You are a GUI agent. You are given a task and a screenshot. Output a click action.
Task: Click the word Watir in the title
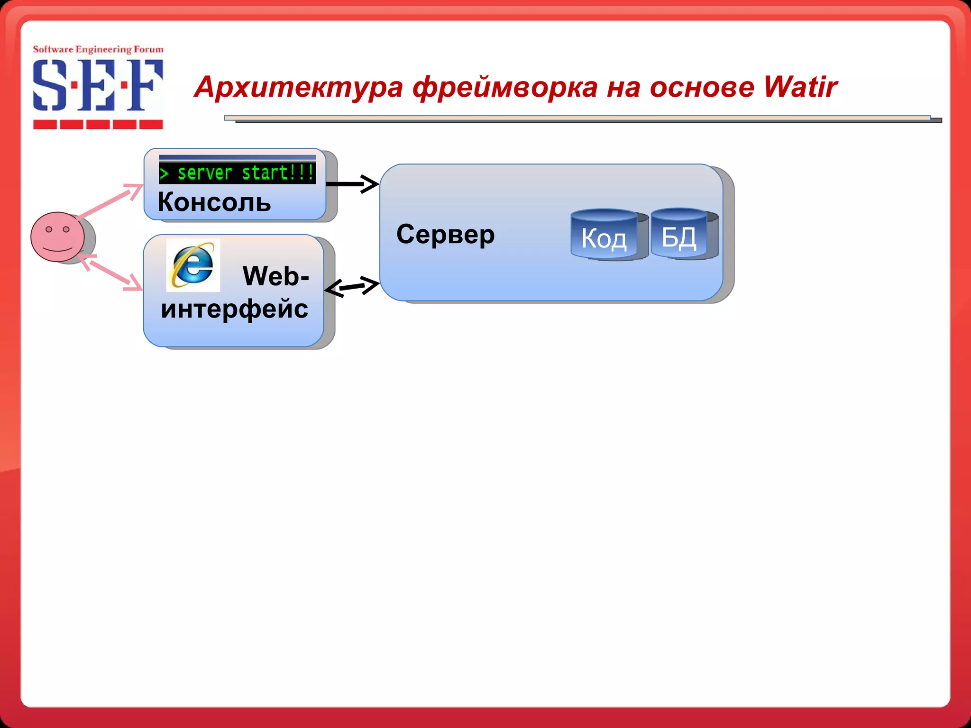(x=800, y=87)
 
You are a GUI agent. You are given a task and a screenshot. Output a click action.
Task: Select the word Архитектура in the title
(x=299, y=88)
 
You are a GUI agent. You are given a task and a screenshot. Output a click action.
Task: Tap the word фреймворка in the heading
(x=505, y=88)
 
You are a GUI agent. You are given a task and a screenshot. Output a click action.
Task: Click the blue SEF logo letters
(x=98, y=85)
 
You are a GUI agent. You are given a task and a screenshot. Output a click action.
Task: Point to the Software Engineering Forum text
(x=98, y=49)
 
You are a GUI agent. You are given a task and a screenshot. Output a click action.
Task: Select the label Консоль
(x=214, y=202)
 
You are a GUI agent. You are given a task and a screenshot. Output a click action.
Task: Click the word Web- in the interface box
(x=275, y=276)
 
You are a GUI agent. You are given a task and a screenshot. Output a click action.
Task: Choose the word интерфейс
(x=234, y=309)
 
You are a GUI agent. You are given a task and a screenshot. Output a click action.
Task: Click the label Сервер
(x=445, y=234)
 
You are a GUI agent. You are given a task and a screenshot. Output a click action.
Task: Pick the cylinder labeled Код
(x=604, y=235)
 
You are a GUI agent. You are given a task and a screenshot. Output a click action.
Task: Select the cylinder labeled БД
(x=679, y=234)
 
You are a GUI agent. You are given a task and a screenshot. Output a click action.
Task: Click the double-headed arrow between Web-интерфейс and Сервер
(x=352, y=286)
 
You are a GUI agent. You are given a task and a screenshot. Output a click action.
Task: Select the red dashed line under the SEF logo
(x=98, y=125)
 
